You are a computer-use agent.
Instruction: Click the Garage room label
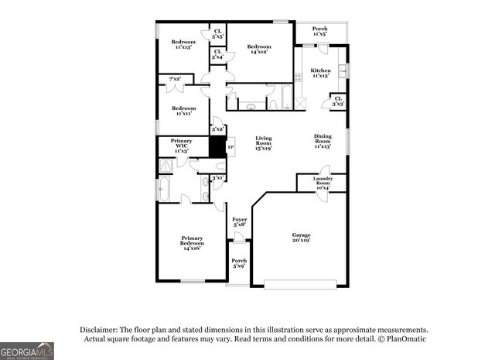[x=301, y=237]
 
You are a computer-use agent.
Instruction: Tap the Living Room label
[x=265, y=144]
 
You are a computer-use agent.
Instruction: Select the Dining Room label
[x=323, y=142]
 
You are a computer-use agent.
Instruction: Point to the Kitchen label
[x=320, y=72]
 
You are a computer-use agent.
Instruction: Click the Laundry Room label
[x=323, y=183]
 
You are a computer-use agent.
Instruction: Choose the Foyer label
[x=240, y=222]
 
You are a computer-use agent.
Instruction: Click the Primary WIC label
[x=182, y=145]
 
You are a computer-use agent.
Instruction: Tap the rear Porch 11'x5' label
[x=319, y=31]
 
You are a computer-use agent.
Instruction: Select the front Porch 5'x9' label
[x=240, y=263]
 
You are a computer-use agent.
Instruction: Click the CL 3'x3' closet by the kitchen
[x=338, y=101]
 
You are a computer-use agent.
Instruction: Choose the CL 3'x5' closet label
[x=218, y=33]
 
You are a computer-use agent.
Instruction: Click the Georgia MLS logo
[x=27, y=351]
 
